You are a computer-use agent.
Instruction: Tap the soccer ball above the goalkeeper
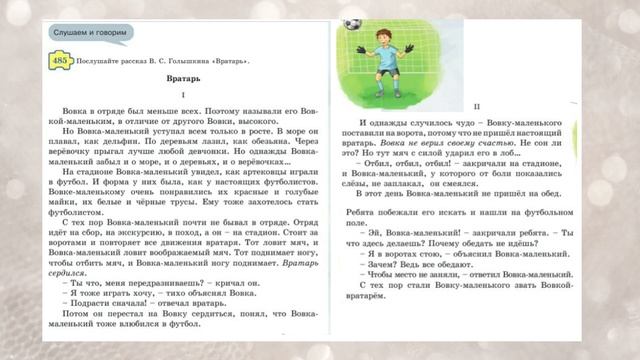351,22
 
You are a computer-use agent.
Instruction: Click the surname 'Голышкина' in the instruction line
184,61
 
